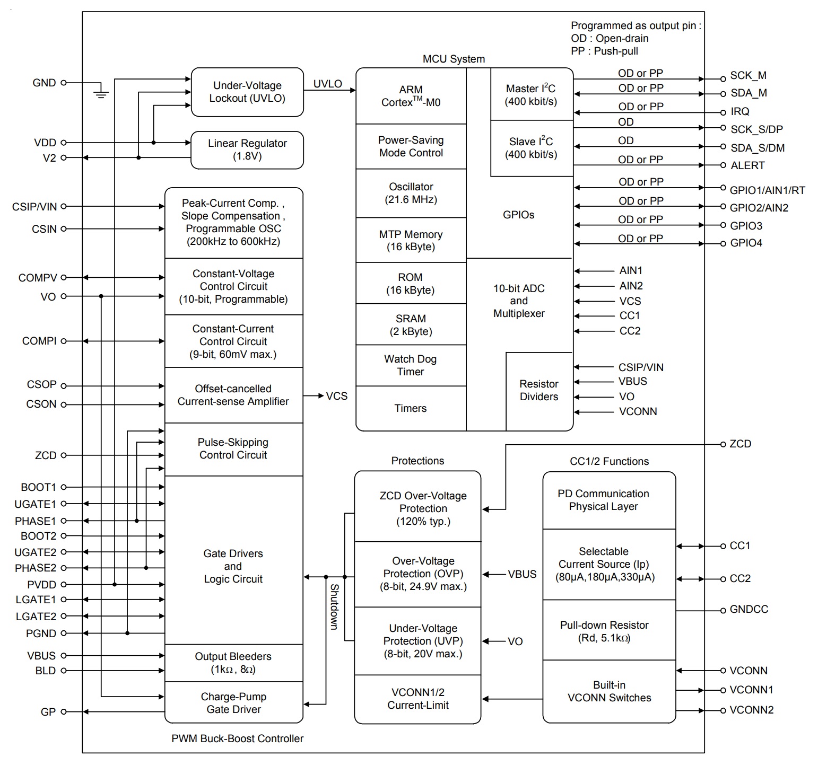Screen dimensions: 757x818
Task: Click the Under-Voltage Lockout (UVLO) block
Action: pos(247,92)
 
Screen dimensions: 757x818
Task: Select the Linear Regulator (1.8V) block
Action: pos(247,150)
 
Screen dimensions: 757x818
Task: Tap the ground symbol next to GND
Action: pos(101,93)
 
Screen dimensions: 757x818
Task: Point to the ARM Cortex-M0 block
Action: pos(411,96)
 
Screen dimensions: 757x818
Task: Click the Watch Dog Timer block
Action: pos(411,365)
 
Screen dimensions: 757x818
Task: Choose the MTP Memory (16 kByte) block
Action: pos(411,240)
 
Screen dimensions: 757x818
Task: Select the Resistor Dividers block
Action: pos(539,391)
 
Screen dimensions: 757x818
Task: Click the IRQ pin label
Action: pos(740,112)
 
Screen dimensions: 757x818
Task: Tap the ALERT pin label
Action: pos(747,166)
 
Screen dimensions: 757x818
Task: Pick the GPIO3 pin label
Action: pos(746,226)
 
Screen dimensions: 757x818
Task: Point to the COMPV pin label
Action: pos(37,278)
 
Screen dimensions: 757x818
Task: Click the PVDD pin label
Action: pos(41,585)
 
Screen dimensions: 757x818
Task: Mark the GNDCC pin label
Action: pos(749,610)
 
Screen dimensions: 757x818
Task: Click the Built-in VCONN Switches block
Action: pos(609,691)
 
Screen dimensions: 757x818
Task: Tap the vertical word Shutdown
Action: pos(334,606)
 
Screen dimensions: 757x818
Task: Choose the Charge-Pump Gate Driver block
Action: pos(233,703)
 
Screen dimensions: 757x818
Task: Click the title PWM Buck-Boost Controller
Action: pos(237,738)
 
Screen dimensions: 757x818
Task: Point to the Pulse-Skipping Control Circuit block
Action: pos(233,449)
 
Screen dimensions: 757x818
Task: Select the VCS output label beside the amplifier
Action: pos(336,396)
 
